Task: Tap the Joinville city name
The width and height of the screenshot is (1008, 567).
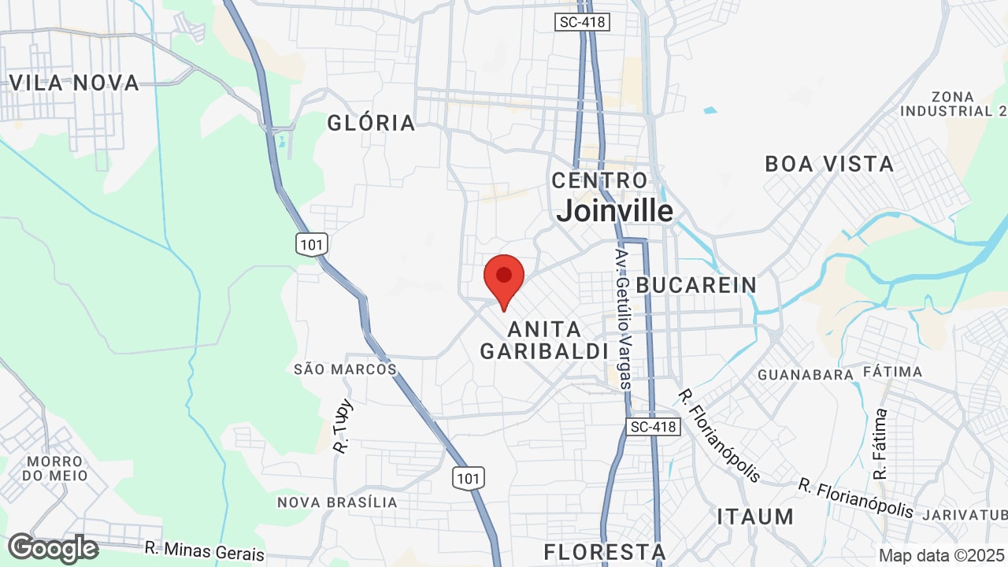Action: pyautogui.click(x=614, y=211)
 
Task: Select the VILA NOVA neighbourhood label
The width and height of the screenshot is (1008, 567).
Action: pyautogui.click(x=73, y=83)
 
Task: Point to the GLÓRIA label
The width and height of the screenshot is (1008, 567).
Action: pyautogui.click(x=371, y=123)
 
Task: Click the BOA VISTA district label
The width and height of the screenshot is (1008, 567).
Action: pyautogui.click(x=829, y=164)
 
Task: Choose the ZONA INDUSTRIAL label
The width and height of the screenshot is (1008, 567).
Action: pyautogui.click(x=951, y=104)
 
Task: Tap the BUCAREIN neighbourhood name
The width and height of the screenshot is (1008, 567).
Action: pyautogui.click(x=696, y=285)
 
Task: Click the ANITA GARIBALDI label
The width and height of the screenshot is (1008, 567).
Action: pyautogui.click(x=544, y=340)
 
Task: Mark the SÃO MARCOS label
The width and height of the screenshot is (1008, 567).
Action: pyautogui.click(x=345, y=369)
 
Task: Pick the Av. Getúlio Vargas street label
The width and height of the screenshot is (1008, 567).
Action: pyautogui.click(x=623, y=319)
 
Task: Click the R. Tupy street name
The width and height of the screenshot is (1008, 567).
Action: pyautogui.click(x=343, y=426)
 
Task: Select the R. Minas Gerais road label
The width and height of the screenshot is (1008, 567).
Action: pyautogui.click(x=204, y=550)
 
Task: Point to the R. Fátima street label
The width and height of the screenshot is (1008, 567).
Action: pyautogui.click(x=880, y=443)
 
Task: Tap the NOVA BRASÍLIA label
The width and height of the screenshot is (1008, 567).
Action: pyautogui.click(x=337, y=502)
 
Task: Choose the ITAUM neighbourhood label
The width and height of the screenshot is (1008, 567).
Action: pyautogui.click(x=755, y=517)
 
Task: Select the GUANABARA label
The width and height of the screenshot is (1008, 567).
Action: pyautogui.click(x=805, y=375)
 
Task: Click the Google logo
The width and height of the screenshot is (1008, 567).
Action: pyautogui.click(x=53, y=548)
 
